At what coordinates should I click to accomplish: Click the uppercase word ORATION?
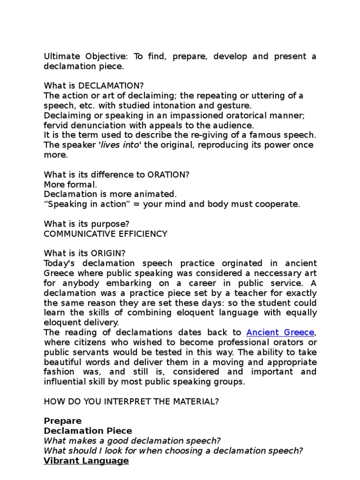point(168,174)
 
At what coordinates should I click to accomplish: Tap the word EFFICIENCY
point(143,233)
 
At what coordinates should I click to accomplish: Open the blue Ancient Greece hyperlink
point(280,332)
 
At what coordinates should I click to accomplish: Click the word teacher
point(232,293)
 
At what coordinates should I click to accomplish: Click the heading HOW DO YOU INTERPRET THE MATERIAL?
point(131,401)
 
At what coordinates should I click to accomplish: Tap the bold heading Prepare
point(63,421)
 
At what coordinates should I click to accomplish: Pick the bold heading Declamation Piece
point(88,431)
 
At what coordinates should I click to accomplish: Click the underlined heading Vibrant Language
point(86,461)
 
